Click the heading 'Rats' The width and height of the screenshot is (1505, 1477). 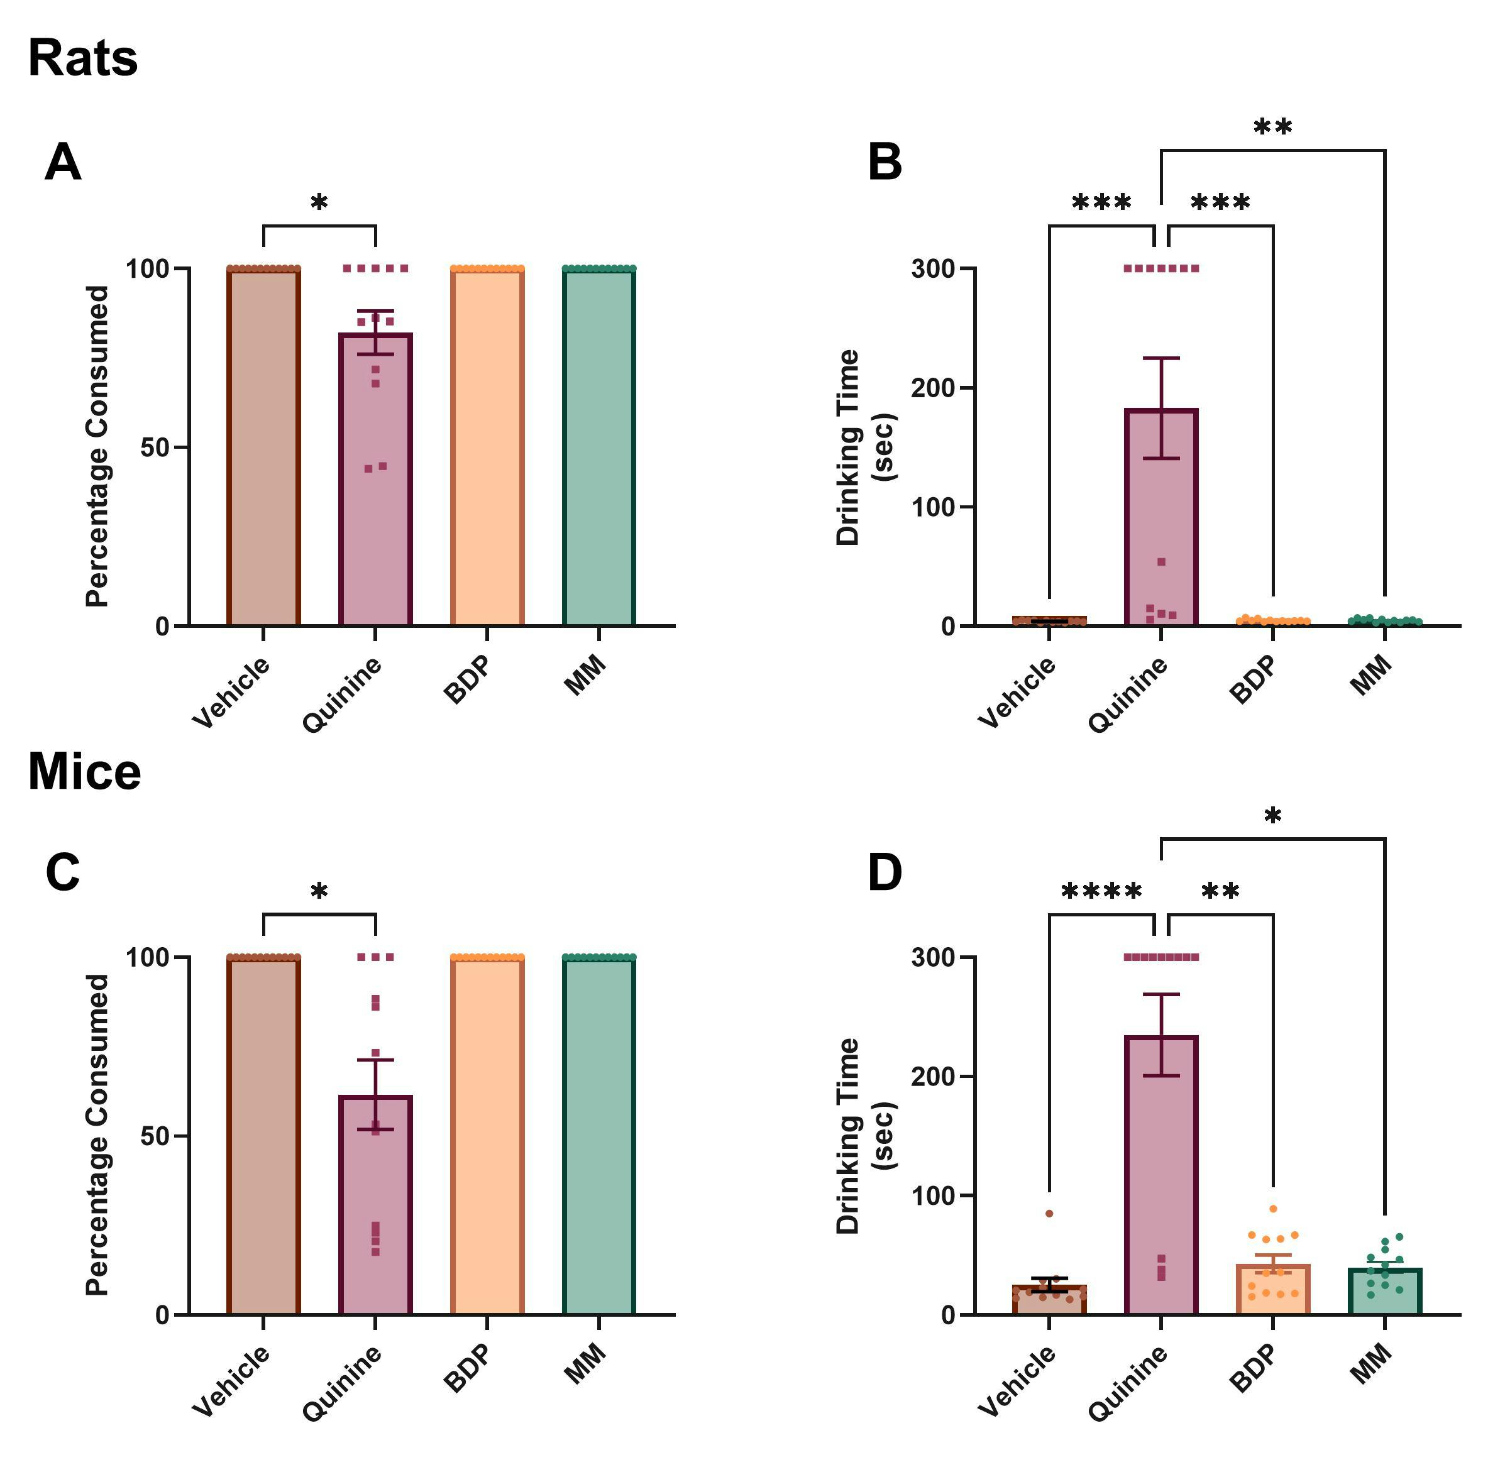[83, 59]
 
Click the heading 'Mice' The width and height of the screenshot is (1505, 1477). [85, 772]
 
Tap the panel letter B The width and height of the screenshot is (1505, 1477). [885, 163]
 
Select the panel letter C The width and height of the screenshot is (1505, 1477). [63, 872]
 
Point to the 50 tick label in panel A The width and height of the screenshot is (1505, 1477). [155, 447]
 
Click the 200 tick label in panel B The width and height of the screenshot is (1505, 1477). [934, 388]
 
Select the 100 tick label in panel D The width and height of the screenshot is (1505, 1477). [934, 1196]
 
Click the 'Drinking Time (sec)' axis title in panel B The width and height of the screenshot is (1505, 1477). [864, 447]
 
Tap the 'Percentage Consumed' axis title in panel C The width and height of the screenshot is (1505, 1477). [97, 1135]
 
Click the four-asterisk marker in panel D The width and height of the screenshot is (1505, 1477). [1101, 892]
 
